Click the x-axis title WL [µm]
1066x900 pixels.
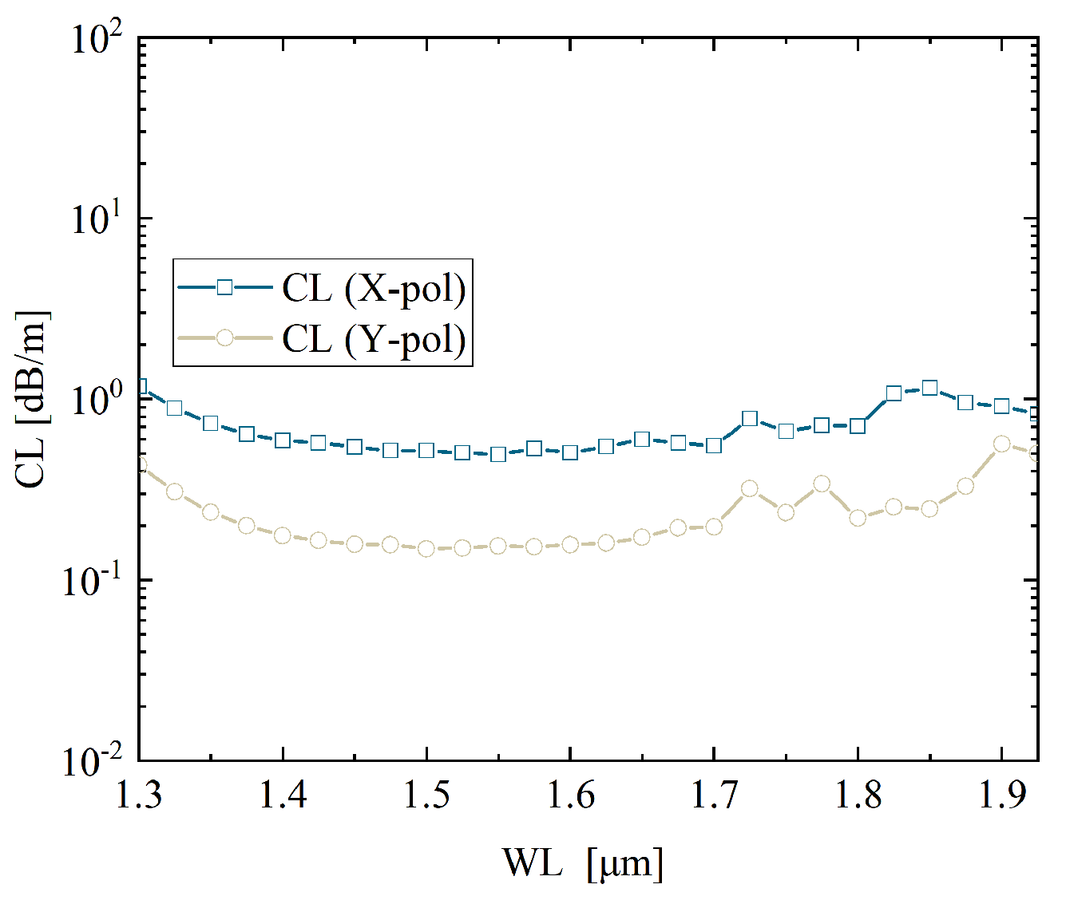coord(583,863)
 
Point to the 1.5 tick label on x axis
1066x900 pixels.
coord(426,796)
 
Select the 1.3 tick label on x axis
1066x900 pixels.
coord(139,796)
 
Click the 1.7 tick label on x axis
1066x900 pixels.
coord(714,796)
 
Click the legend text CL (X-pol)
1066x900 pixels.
coord(374,289)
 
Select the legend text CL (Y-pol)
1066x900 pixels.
coord(374,339)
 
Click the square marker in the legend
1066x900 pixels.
coord(224,287)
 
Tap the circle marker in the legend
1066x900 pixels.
coord(224,338)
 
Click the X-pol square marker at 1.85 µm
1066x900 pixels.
coord(929,388)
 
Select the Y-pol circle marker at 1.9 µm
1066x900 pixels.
coord(1001,444)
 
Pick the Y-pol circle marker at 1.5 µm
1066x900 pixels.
coord(426,549)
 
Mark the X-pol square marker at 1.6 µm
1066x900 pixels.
coord(570,452)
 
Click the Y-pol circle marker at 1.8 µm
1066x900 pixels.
coord(858,518)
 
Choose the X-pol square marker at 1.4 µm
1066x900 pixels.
coord(283,440)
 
